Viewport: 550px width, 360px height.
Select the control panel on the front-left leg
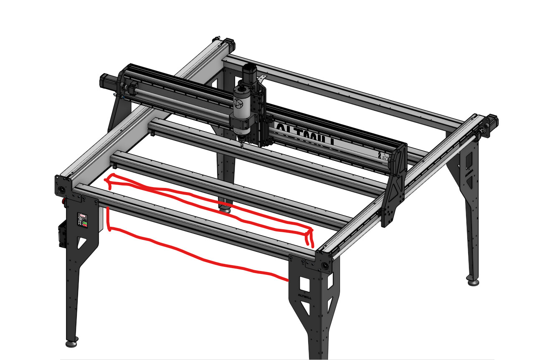[x=82, y=220]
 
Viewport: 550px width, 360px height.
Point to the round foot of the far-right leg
[x=473, y=282]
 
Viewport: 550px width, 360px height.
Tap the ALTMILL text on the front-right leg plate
[x=305, y=296]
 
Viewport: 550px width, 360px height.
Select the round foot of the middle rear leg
[x=226, y=209]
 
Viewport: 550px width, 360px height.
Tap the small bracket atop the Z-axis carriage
[x=262, y=78]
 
